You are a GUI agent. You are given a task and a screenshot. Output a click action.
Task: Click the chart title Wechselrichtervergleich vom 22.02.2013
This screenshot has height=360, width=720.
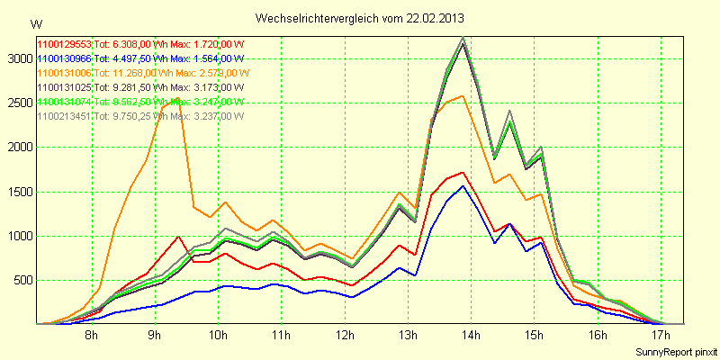(360, 18)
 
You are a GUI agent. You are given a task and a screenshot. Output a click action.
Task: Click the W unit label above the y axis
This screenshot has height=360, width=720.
(35, 23)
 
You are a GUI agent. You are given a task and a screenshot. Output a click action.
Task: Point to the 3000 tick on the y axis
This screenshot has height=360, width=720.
(18, 58)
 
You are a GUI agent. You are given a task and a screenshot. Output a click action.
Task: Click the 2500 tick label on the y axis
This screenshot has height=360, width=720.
(18, 103)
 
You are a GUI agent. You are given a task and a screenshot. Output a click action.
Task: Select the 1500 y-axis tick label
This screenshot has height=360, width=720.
(18, 192)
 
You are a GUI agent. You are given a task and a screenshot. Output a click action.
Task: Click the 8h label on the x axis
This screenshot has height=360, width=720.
(91, 337)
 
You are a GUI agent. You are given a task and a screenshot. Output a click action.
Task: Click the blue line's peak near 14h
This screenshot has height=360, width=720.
(463, 186)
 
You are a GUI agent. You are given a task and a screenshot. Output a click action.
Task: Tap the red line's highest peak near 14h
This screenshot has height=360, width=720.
(463, 172)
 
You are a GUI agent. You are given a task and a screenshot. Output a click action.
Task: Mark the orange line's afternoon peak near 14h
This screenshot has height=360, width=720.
(463, 95)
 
